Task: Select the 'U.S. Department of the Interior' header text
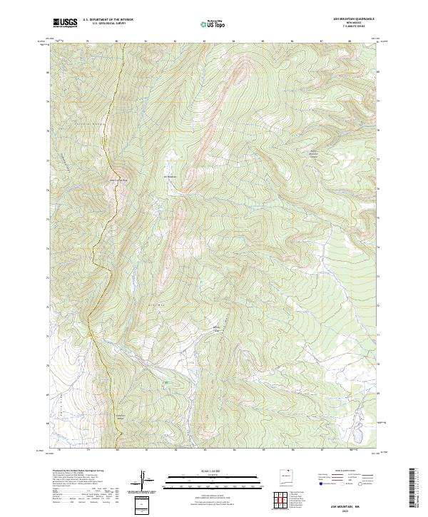pyautogui.click(x=108, y=20)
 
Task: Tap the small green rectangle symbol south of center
pyautogui.click(x=166, y=383)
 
